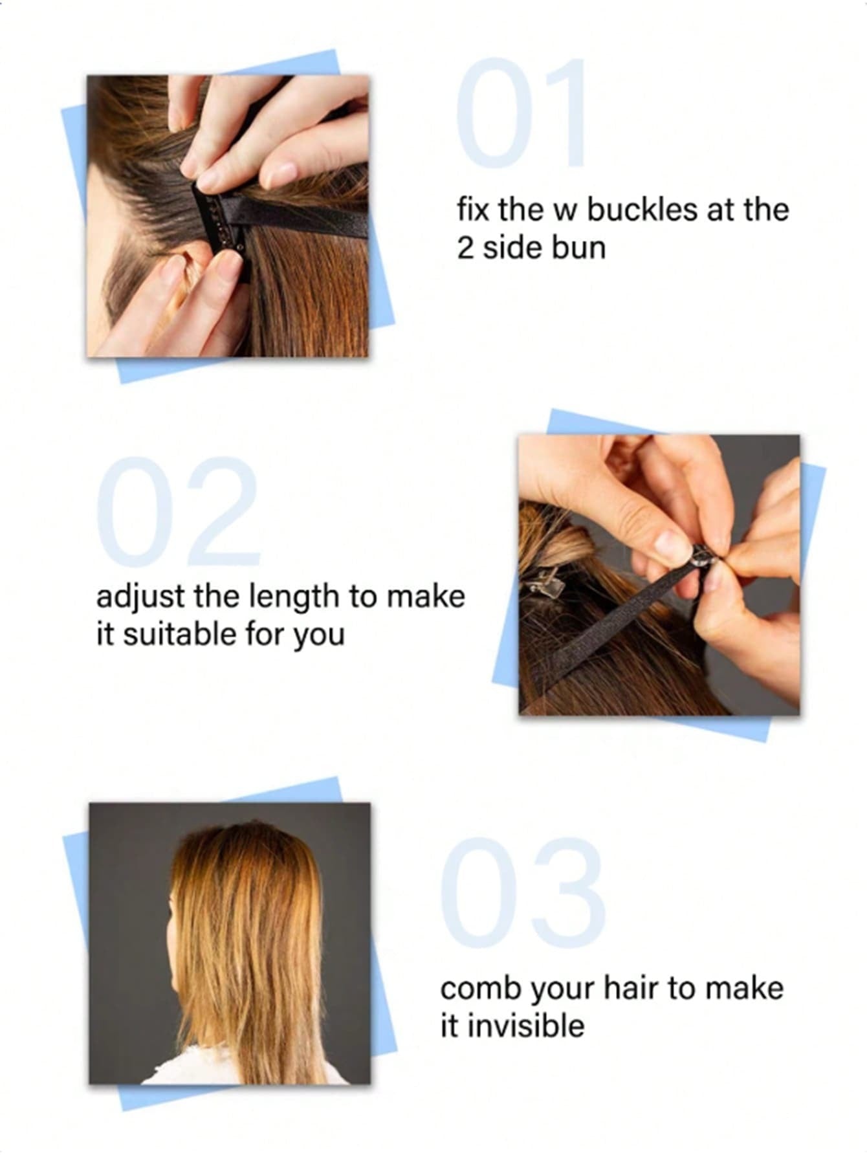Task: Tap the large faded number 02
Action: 178,511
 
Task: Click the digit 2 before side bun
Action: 465,248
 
